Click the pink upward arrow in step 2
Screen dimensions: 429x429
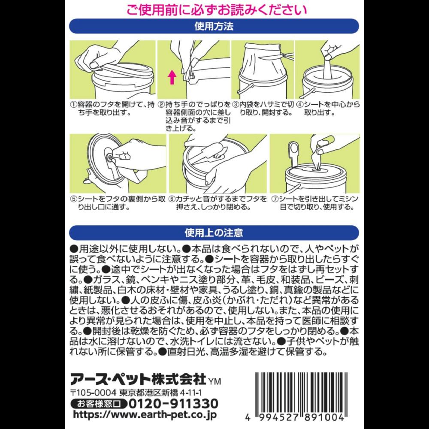point(172,77)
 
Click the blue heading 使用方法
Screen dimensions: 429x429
point(214,26)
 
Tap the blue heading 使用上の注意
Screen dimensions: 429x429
point(214,233)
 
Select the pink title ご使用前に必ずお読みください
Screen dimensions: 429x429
point(216,10)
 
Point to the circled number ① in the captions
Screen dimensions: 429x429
point(73,105)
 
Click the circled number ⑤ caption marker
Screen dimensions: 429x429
point(73,199)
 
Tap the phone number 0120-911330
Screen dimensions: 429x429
point(173,404)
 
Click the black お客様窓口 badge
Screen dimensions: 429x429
point(99,404)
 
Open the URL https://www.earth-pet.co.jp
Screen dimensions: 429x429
point(145,415)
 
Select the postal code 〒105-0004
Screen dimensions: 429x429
point(94,393)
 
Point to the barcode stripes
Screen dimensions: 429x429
point(301,393)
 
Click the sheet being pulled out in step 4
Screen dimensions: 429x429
point(327,67)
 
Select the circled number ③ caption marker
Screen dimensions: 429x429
point(235,105)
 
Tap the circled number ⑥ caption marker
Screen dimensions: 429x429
point(172,199)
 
